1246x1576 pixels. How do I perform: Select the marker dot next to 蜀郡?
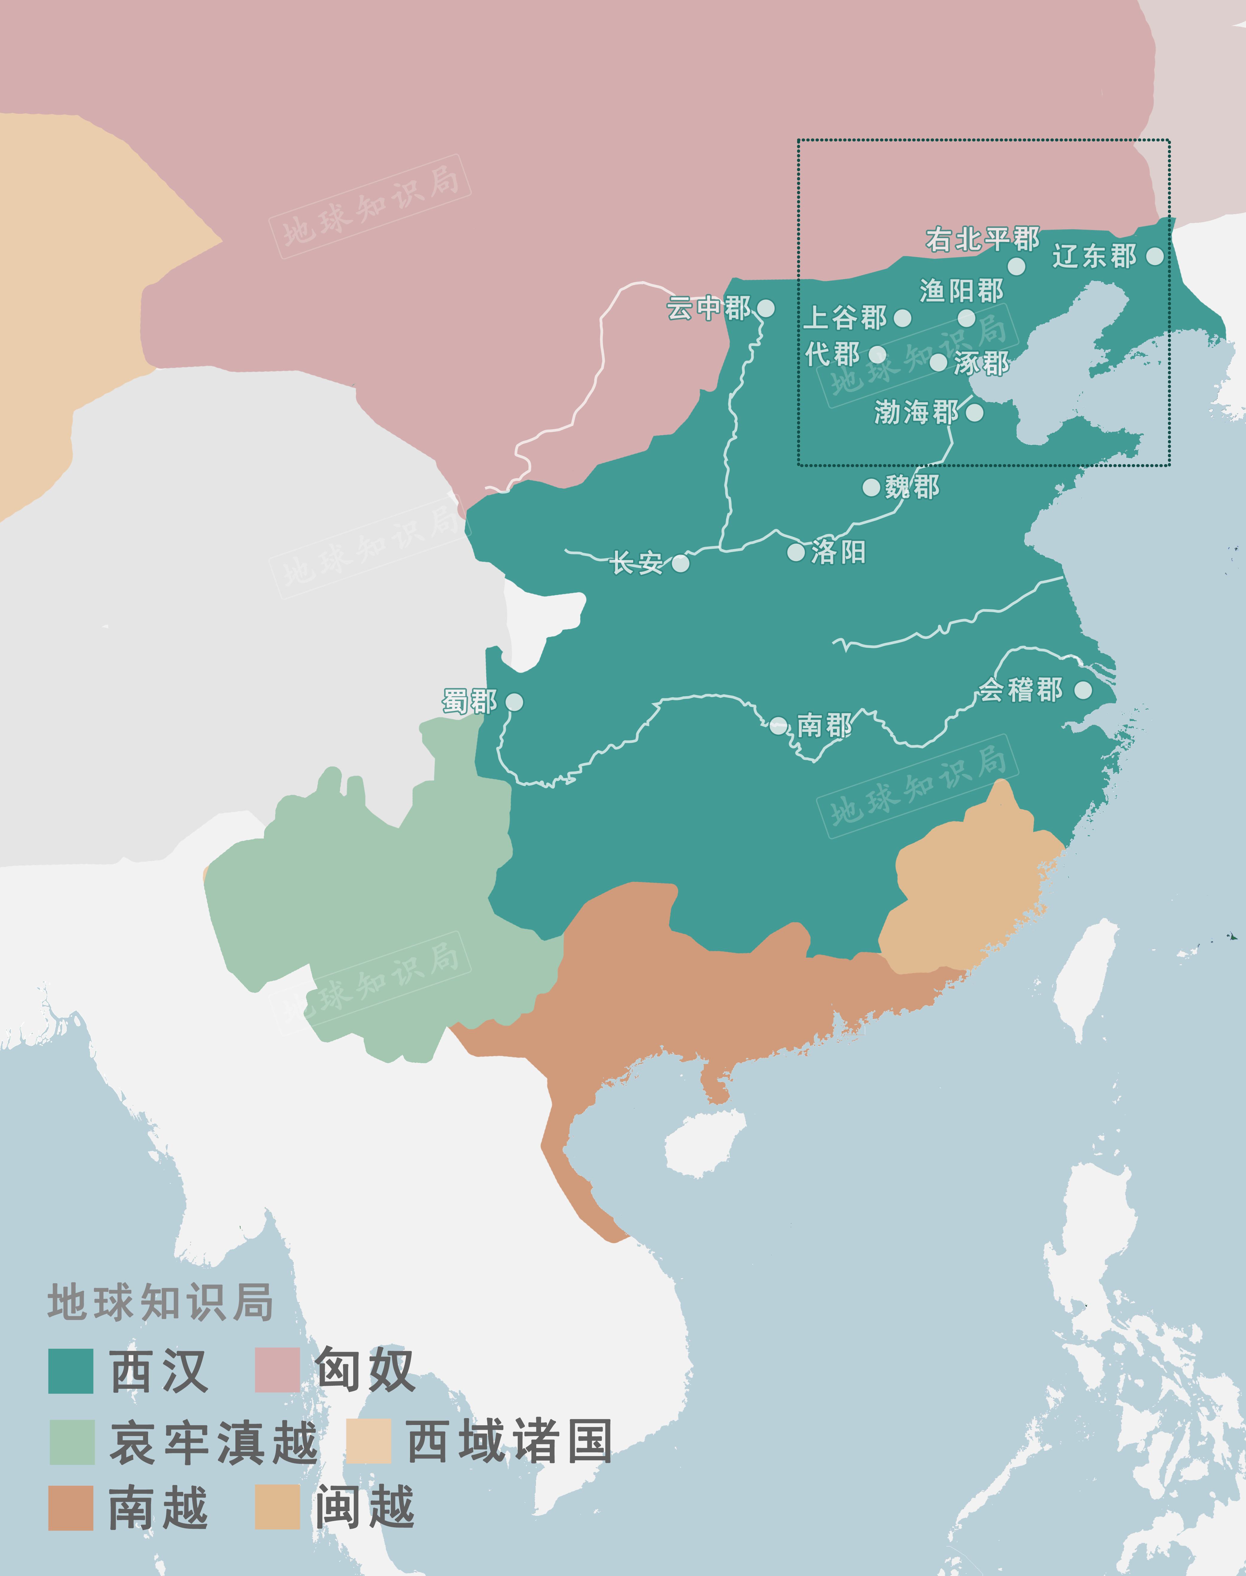pos(514,702)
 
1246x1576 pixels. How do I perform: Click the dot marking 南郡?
pos(779,725)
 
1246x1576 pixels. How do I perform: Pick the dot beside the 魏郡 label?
pos(871,487)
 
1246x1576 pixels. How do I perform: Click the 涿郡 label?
pos(981,363)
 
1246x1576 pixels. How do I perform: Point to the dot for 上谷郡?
pos(902,318)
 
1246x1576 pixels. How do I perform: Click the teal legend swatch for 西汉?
pos(71,1371)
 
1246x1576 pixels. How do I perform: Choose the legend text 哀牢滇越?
pos(213,1443)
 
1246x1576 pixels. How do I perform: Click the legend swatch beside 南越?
pos(71,1508)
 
